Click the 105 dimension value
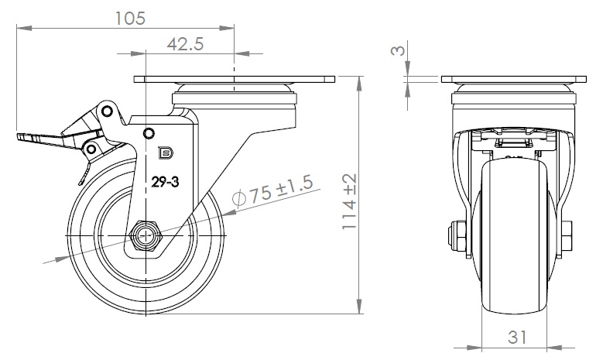tap(130, 18)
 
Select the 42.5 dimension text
tap(185, 44)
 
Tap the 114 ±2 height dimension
tap(350, 201)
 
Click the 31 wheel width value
tap(517, 337)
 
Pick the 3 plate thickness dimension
tap(398, 50)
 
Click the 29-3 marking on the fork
tap(165, 181)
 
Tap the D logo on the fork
tap(166, 153)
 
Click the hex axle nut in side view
tap(146, 236)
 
